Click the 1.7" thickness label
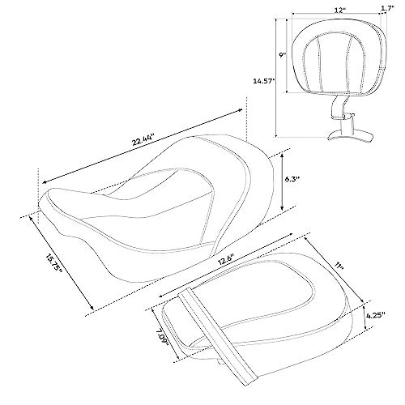386,10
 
